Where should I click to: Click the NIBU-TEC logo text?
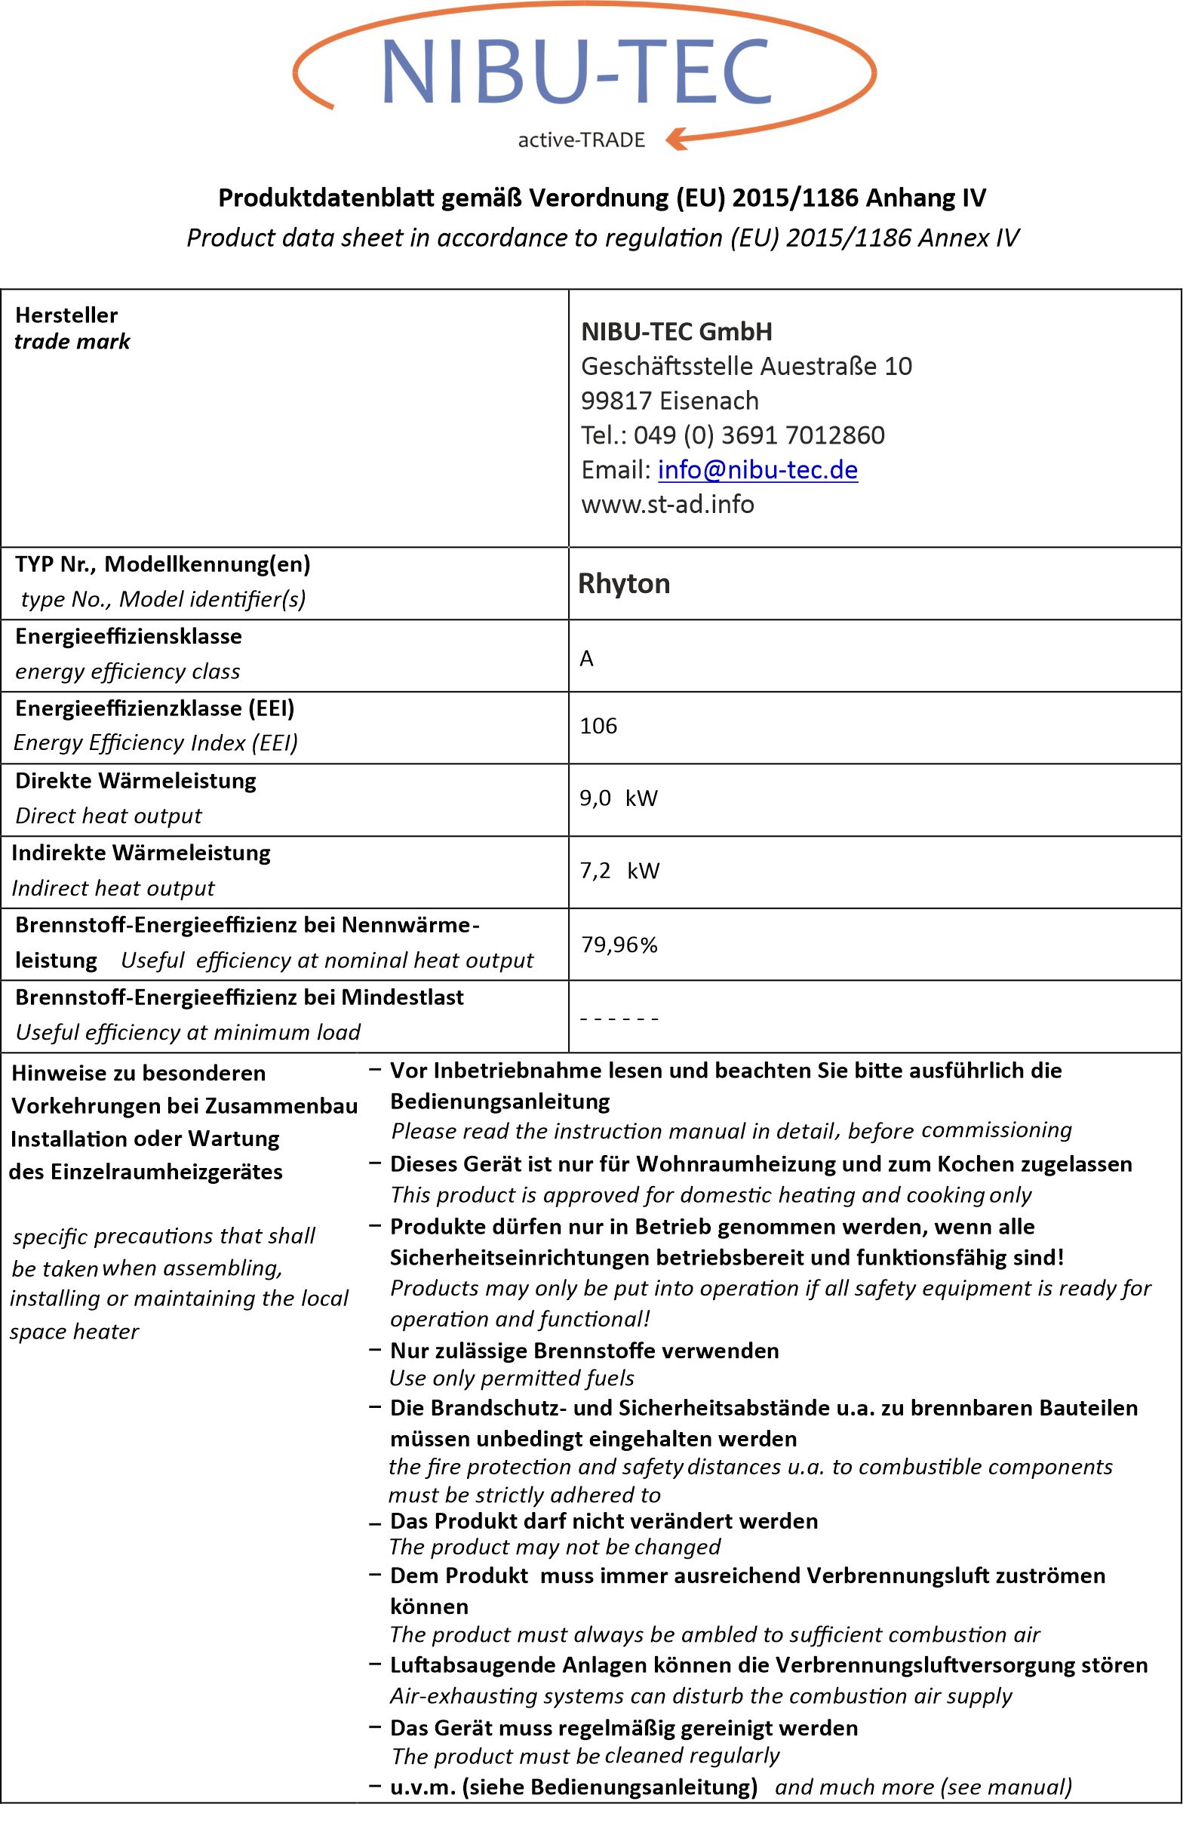point(576,72)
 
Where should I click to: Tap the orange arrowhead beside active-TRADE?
point(677,139)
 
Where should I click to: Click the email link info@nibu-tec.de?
point(757,469)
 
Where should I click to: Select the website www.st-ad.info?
point(668,504)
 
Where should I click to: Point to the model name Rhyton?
point(624,584)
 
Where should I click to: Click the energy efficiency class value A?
point(587,658)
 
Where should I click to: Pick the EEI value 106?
point(598,726)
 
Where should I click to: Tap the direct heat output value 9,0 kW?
point(619,798)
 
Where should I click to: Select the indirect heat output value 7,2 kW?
point(619,870)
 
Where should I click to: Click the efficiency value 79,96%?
point(619,944)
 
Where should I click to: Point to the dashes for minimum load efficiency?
point(619,1019)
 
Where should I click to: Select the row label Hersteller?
point(67,315)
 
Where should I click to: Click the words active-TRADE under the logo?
point(582,140)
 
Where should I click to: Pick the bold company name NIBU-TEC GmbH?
point(677,332)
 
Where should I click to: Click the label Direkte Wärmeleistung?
point(136,780)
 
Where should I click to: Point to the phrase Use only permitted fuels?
point(512,1378)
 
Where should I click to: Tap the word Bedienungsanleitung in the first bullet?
point(500,1102)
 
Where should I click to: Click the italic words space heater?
point(75,1331)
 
